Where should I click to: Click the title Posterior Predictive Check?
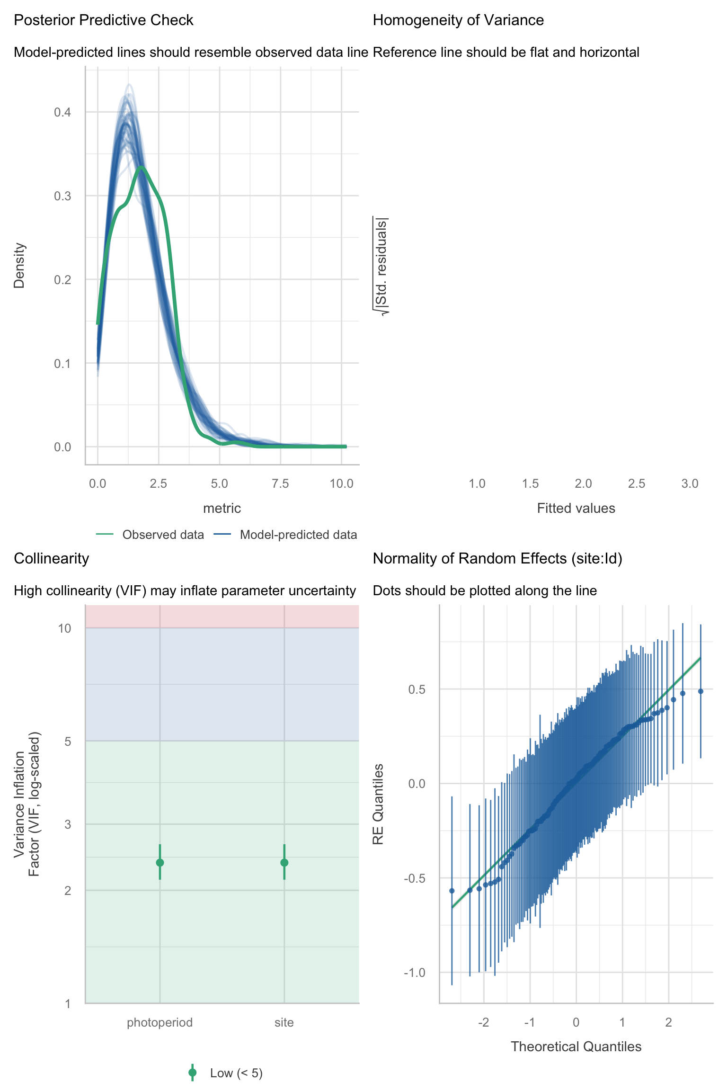(x=104, y=20)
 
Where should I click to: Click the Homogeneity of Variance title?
(x=458, y=20)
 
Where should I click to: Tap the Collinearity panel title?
(x=51, y=559)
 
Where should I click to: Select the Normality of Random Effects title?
(x=497, y=559)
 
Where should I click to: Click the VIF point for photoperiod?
(x=160, y=862)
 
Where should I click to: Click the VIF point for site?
(x=284, y=862)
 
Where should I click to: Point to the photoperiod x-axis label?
(x=160, y=1022)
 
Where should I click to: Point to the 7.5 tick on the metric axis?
(x=280, y=483)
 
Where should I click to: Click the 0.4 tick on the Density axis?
(x=62, y=112)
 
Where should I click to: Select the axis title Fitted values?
(x=576, y=508)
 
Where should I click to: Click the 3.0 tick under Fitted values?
(x=690, y=483)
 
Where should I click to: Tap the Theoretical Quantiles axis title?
(x=576, y=1046)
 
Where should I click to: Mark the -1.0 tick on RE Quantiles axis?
(x=415, y=973)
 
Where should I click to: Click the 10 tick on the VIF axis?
(x=64, y=628)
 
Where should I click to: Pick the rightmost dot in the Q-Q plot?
(x=700, y=691)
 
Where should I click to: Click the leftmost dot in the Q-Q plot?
(x=452, y=891)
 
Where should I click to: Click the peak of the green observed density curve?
(x=141, y=167)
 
